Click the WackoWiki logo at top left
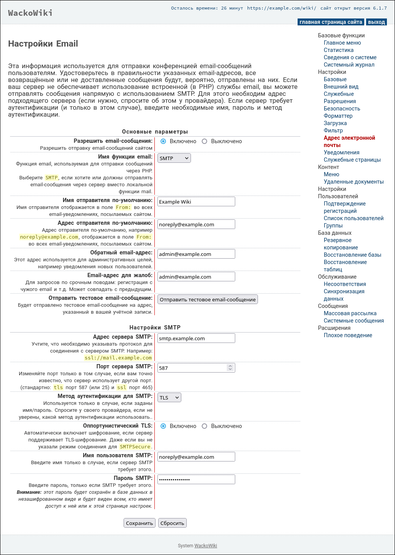(x=30, y=13)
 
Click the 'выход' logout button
(x=376, y=22)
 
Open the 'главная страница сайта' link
(x=331, y=22)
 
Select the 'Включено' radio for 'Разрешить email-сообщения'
(x=163, y=141)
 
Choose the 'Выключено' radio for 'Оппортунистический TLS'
(x=204, y=426)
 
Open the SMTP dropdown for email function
(x=174, y=158)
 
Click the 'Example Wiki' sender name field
(x=196, y=202)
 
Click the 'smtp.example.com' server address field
(x=196, y=338)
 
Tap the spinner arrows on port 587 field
(x=230, y=368)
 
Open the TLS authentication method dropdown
(x=169, y=398)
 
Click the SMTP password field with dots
(x=196, y=480)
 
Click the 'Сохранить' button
(x=139, y=523)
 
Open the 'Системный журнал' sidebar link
(x=349, y=65)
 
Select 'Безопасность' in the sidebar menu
(x=342, y=109)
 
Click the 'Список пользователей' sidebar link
(x=353, y=218)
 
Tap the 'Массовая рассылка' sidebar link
(x=350, y=313)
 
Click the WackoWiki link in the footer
(x=206, y=546)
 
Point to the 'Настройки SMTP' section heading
(x=155, y=328)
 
